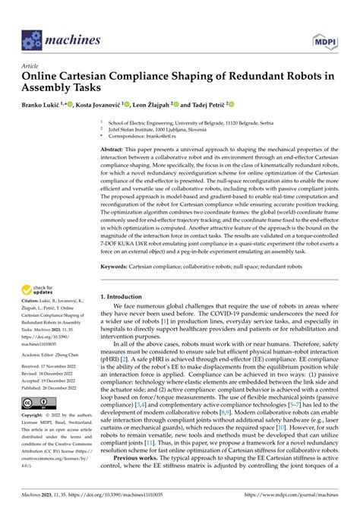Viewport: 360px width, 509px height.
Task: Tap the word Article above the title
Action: coord(31,66)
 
